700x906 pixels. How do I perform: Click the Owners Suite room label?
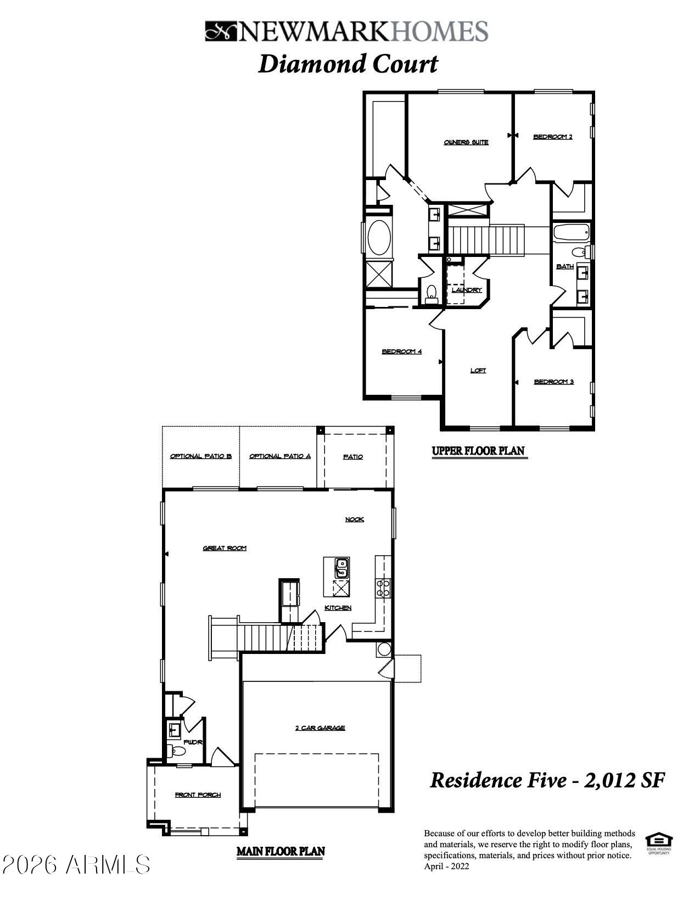click(466, 142)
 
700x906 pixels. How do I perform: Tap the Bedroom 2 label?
click(552, 137)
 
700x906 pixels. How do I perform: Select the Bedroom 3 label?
click(553, 382)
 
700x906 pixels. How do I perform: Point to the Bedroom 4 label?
click(401, 351)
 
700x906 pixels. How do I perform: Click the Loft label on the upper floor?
click(478, 371)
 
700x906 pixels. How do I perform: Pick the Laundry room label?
click(467, 290)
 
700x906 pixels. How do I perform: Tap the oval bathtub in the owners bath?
click(378, 237)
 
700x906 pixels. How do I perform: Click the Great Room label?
click(225, 548)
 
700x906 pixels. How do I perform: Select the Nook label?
click(354, 519)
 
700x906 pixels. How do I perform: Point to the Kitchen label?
click(338, 608)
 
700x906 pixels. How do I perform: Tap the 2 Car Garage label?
click(320, 728)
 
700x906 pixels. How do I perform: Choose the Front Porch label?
click(198, 795)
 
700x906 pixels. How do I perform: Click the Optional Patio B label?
click(200, 456)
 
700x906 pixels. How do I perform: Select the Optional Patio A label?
click(280, 456)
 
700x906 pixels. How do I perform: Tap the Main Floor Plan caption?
click(281, 852)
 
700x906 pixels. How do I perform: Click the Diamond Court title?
click(348, 64)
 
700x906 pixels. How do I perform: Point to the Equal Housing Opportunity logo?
click(658, 842)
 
